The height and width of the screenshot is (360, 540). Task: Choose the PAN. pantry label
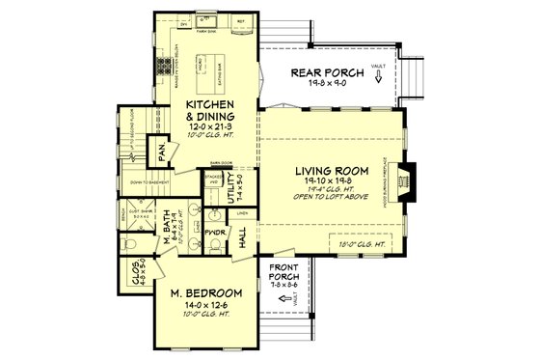point(152,152)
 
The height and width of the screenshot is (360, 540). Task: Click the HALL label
point(243,235)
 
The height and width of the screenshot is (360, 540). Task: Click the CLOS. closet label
point(133,273)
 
